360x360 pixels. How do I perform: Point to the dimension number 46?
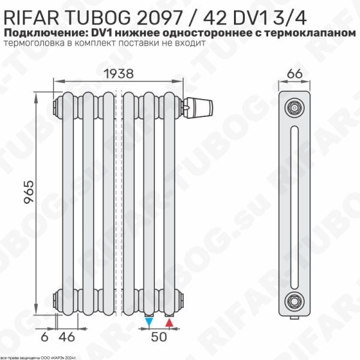[70, 337]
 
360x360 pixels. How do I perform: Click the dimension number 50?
[159, 337]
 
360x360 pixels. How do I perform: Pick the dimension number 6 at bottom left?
[44, 337]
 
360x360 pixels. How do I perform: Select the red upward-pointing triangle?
[169, 323]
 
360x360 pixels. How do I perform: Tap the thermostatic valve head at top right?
[202, 106]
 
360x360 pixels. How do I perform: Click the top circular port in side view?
[294, 108]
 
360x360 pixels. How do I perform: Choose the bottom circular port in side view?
[294, 299]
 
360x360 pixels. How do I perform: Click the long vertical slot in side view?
[294, 204]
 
